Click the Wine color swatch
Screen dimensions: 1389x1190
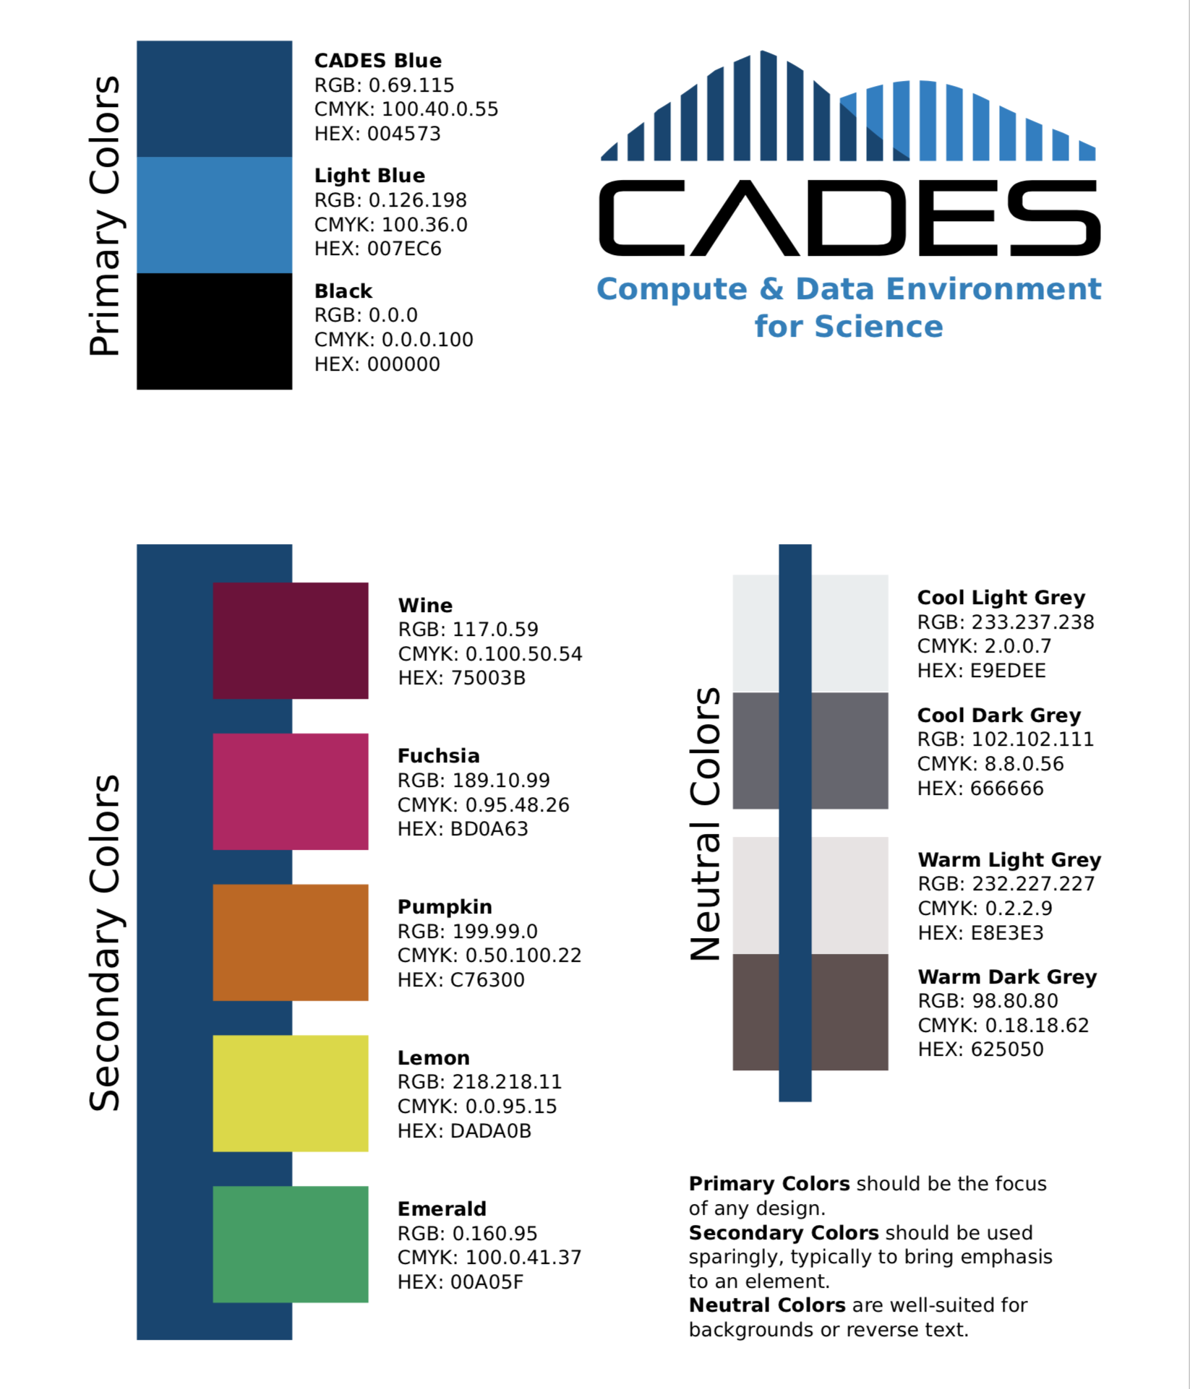290,640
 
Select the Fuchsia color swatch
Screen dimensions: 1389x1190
290,791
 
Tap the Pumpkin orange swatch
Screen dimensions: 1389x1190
290,942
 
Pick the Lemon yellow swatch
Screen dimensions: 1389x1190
290,1093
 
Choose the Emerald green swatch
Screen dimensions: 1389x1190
290,1244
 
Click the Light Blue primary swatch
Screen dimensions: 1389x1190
214,215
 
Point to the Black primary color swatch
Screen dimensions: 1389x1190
214,331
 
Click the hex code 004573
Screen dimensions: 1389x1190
403,134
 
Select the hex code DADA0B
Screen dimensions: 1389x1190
490,1130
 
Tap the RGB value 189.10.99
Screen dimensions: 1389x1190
501,780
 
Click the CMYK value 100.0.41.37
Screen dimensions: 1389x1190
523,1257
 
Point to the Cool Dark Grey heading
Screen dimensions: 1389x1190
998,715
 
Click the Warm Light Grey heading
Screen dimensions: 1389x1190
1009,860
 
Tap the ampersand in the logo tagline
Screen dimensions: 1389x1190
771,289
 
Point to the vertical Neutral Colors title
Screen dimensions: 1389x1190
706,823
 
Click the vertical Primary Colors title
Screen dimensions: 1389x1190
105,215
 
